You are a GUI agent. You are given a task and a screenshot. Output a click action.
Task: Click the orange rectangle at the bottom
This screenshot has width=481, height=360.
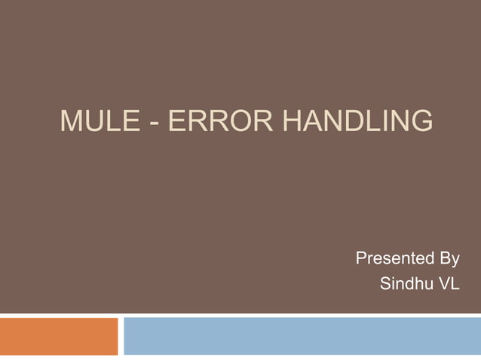59,336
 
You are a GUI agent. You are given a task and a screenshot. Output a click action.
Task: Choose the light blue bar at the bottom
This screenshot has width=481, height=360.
302,336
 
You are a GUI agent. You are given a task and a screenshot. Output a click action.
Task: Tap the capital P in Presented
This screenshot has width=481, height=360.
360,260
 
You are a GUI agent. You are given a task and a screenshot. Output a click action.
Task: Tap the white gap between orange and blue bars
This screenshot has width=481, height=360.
121,336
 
